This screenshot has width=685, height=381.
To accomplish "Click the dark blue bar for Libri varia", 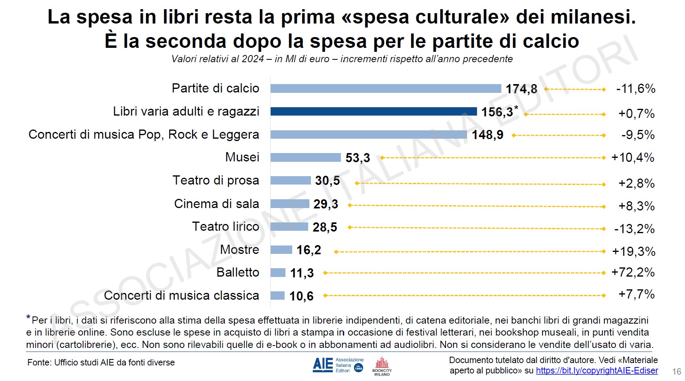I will [x=373, y=112].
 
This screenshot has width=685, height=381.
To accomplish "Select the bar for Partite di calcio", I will [x=385, y=88].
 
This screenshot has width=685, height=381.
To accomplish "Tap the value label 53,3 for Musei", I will [x=358, y=158].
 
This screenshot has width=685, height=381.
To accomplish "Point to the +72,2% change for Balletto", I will [x=633, y=273].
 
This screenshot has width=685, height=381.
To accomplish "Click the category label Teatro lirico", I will [x=226, y=227].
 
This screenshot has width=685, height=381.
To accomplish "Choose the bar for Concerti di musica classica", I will [x=277, y=296].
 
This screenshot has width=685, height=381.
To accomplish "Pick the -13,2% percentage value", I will [x=634, y=229].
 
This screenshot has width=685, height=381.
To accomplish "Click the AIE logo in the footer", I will [x=338, y=365].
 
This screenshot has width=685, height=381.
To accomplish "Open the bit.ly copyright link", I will [x=597, y=371].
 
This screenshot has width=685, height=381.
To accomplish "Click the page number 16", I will [x=677, y=371].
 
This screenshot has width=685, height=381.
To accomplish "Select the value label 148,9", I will [x=487, y=135].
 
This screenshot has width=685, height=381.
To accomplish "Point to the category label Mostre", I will [x=240, y=250].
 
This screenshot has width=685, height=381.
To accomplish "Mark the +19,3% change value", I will [x=634, y=252].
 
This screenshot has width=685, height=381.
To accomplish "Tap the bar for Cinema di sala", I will [x=290, y=204].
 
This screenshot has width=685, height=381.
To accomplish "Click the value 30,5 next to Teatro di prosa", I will [x=327, y=181].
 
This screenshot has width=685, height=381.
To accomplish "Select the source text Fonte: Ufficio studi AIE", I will [x=101, y=363].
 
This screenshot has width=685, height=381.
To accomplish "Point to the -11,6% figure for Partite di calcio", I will [x=636, y=89].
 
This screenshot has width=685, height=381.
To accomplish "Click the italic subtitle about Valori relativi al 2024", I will [x=342, y=59].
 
